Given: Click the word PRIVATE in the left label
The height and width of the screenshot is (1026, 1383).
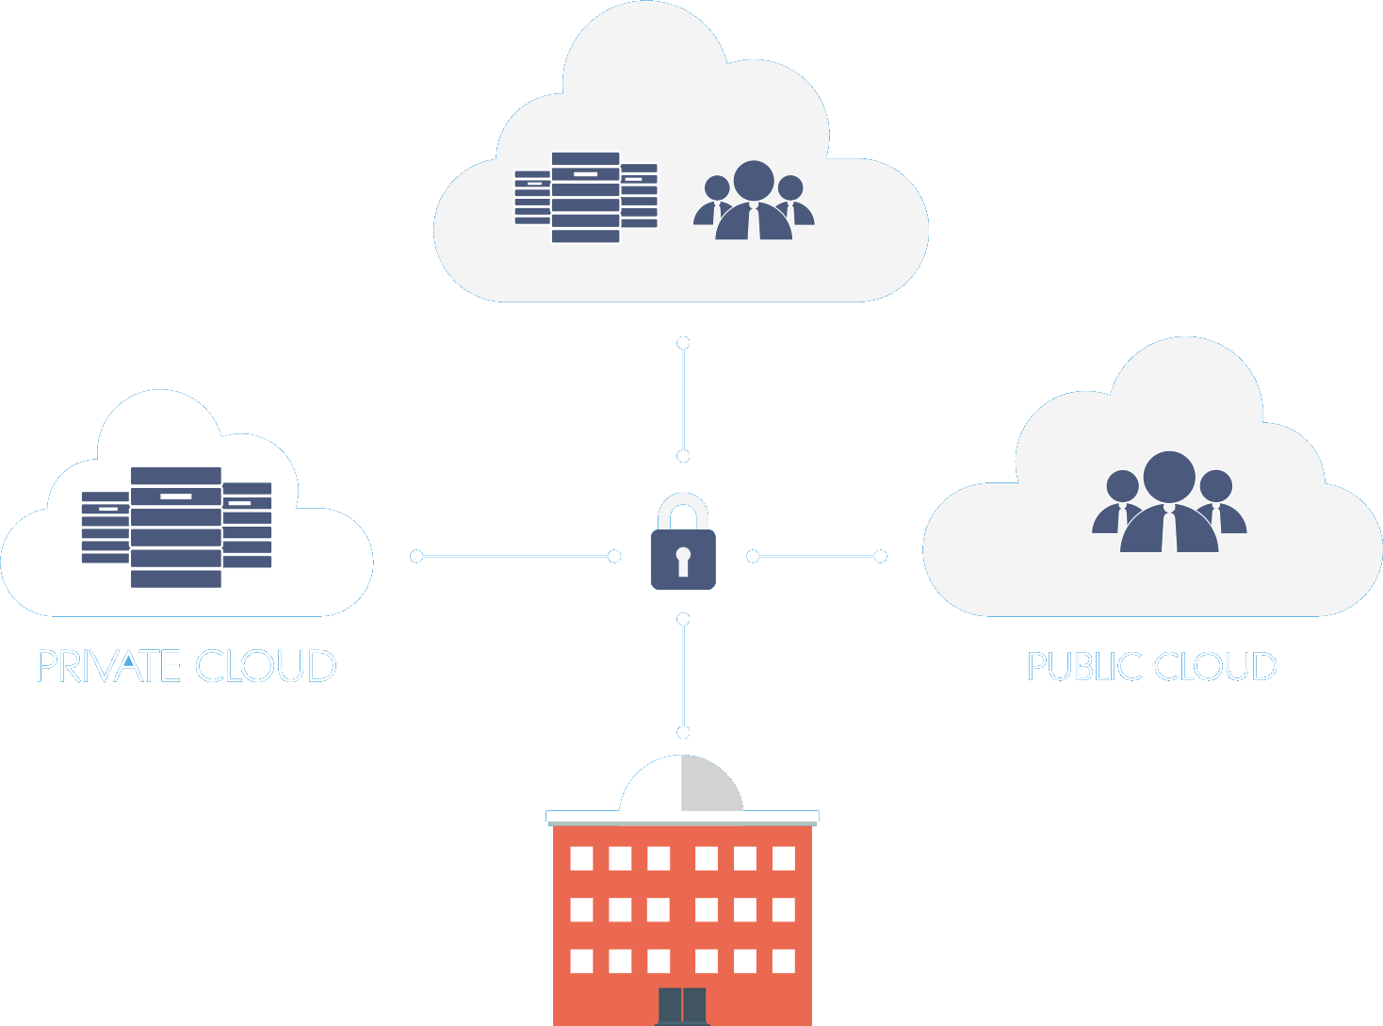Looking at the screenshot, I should pyautogui.click(x=106, y=667).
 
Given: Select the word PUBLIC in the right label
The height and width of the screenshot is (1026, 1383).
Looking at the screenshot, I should pyautogui.click(x=1083, y=667).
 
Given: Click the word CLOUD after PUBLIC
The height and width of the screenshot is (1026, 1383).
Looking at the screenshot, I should pyautogui.click(x=1215, y=667).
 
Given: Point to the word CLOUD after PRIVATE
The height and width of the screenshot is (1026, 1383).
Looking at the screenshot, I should pyautogui.click(x=266, y=667).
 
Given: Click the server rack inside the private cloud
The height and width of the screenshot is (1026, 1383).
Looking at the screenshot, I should pyautogui.click(x=176, y=528).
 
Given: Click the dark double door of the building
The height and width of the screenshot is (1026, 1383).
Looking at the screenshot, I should pyautogui.click(x=682, y=1006).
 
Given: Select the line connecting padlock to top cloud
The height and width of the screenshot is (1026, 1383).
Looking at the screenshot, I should pyautogui.click(x=683, y=399).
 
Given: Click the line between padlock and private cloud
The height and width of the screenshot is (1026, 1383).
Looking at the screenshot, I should pyautogui.click(x=515, y=557).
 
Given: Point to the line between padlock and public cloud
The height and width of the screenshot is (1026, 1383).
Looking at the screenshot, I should pyautogui.click(x=817, y=557).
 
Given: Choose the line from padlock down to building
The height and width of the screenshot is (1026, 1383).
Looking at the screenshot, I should pyautogui.click(x=683, y=676).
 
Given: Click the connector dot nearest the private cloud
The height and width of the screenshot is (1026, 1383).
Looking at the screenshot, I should pyautogui.click(x=416, y=557).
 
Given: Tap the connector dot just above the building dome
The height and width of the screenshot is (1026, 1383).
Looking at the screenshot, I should pyautogui.click(x=683, y=732).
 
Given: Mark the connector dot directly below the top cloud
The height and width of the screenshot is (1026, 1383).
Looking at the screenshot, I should pyautogui.click(x=683, y=343).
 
